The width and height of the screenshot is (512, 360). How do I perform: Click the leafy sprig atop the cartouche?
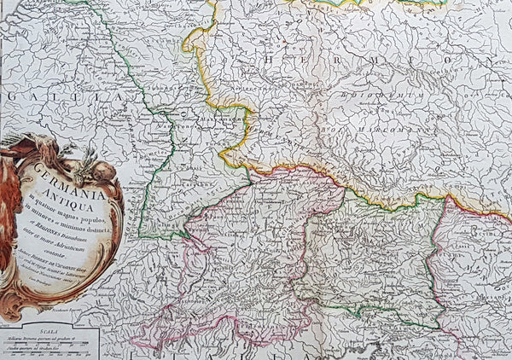point(85,154)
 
